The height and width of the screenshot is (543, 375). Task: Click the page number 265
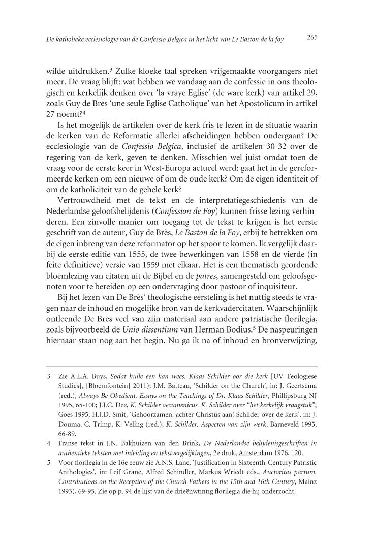(x=312, y=37)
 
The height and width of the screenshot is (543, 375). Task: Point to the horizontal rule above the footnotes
(x=182, y=366)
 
